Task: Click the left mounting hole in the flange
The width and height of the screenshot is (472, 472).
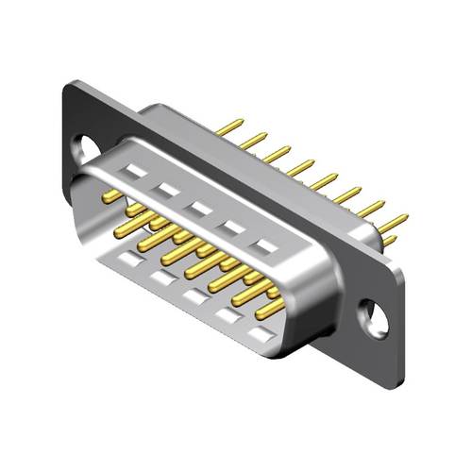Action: click(85, 149)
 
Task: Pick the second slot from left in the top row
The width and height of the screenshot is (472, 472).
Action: click(167, 191)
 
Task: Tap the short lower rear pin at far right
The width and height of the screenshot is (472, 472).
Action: click(389, 242)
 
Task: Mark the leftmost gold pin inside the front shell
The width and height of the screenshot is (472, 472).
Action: click(111, 196)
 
